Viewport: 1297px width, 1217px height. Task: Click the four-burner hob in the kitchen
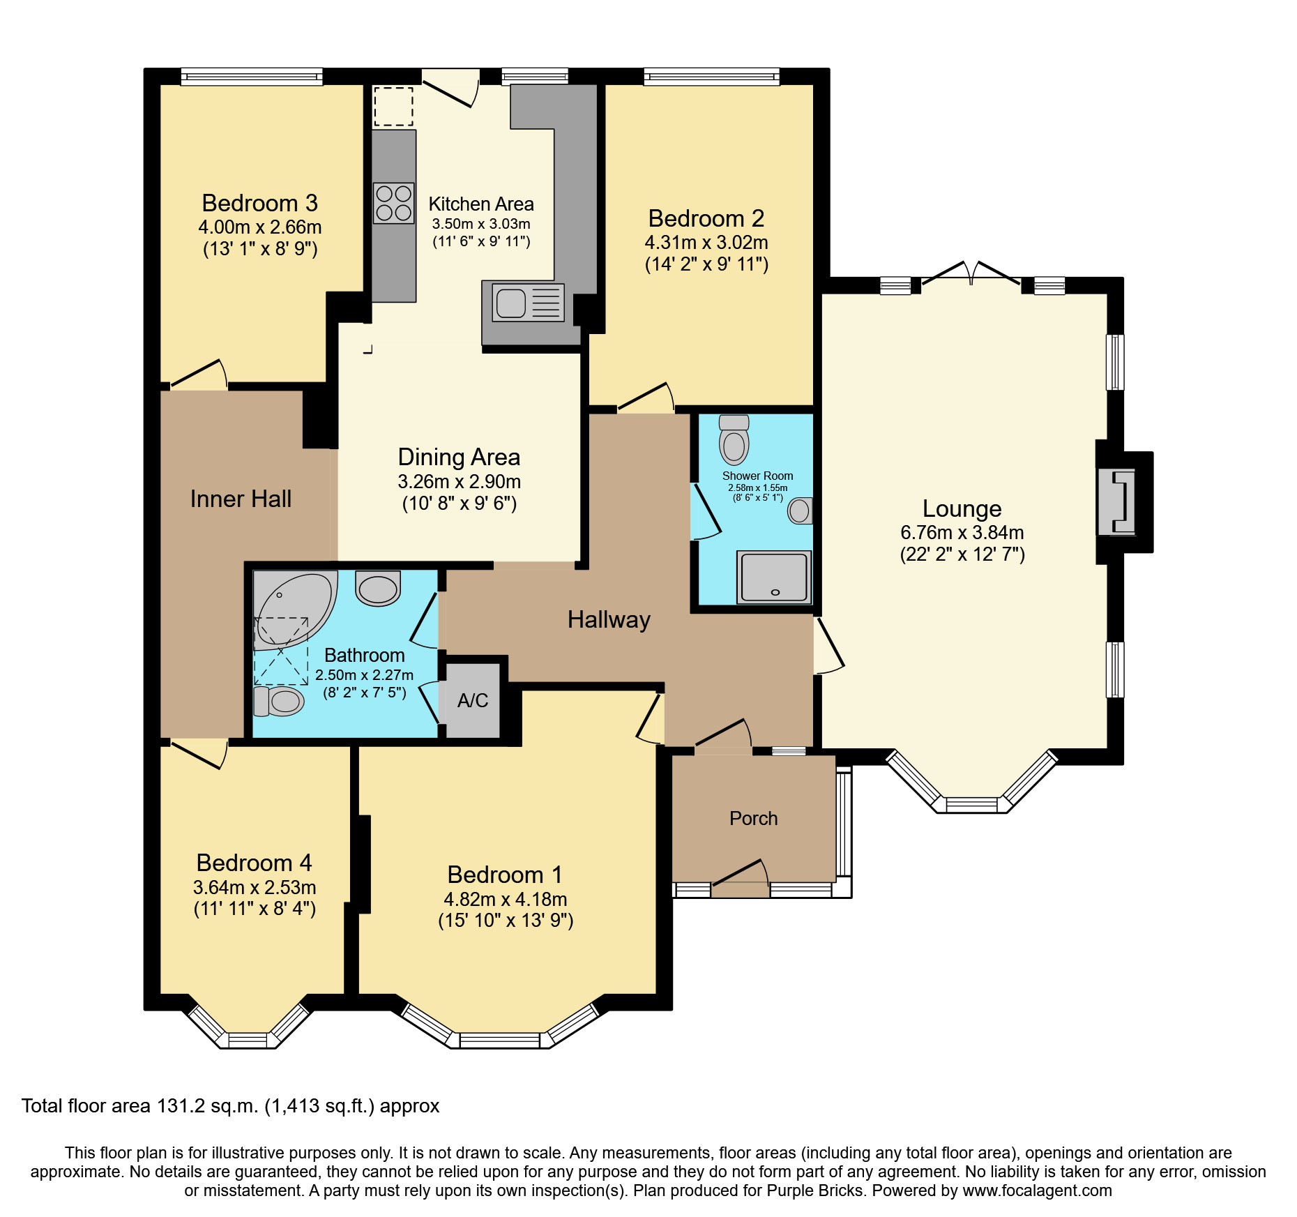(393, 202)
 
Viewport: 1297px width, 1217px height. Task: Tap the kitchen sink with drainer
(528, 303)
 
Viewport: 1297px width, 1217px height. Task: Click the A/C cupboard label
(473, 701)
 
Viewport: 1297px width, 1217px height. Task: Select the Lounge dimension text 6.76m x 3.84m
(962, 533)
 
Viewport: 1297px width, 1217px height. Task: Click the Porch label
(753, 818)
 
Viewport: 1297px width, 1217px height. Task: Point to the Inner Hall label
(241, 499)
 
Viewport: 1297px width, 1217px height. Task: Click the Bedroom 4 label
(254, 863)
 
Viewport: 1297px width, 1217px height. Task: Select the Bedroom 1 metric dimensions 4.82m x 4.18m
(505, 899)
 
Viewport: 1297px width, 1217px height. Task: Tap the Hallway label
(609, 619)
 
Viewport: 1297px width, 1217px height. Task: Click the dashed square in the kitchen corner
(393, 107)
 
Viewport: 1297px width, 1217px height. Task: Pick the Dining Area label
(459, 458)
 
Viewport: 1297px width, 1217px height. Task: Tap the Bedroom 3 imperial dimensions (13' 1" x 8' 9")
(260, 249)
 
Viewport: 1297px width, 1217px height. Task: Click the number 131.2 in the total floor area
(183, 1106)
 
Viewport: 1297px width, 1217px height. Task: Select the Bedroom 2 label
(706, 219)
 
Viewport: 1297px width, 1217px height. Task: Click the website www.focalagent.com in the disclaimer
(1037, 1190)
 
